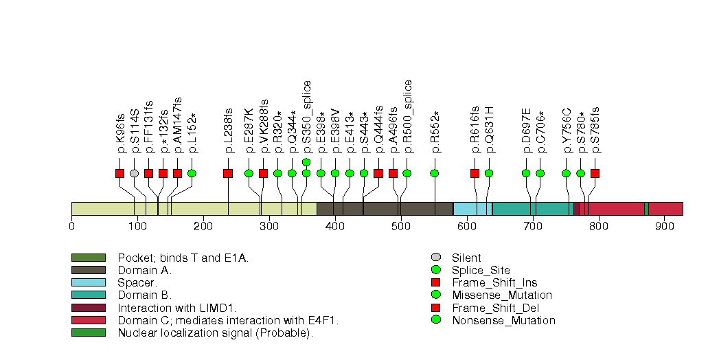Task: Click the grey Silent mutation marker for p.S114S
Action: pyautogui.click(x=135, y=173)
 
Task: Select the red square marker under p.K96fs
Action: pyautogui.click(x=120, y=173)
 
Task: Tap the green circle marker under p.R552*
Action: pyautogui.click(x=435, y=173)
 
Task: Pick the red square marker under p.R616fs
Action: pyautogui.click(x=475, y=173)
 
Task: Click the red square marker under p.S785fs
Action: pyautogui.click(x=595, y=173)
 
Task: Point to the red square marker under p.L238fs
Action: pyautogui.click(x=228, y=173)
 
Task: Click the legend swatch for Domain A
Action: pyautogui.click(x=88, y=270)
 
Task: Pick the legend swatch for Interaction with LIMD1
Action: pyautogui.click(x=88, y=308)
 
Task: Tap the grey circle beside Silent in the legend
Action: pyautogui.click(x=435, y=258)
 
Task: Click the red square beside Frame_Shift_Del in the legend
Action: pyautogui.click(x=435, y=308)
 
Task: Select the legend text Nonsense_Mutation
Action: pyautogui.click(x=503, y=320)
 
